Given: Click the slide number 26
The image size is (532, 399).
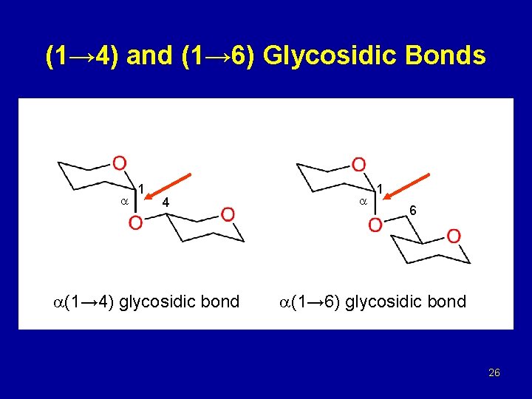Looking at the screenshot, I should pos(494,372).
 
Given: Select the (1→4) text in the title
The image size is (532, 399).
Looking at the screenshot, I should pos(83,56).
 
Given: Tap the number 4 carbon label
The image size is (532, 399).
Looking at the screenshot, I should pos(166,202).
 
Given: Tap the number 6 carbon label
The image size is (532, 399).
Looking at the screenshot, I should pos(413,211).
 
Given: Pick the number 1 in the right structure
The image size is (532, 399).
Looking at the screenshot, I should pos(379,189).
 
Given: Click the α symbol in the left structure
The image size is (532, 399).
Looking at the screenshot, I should pos(125,201).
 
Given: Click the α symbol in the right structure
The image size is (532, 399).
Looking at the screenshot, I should pos(363,201).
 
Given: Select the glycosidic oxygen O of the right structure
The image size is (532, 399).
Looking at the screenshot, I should pos(375,223).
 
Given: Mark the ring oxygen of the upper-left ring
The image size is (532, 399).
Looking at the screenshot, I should pos(118,162).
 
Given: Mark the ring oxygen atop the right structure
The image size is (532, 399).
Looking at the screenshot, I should pos(358,163).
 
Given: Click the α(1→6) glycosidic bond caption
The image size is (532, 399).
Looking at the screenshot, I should pos(372,301).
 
